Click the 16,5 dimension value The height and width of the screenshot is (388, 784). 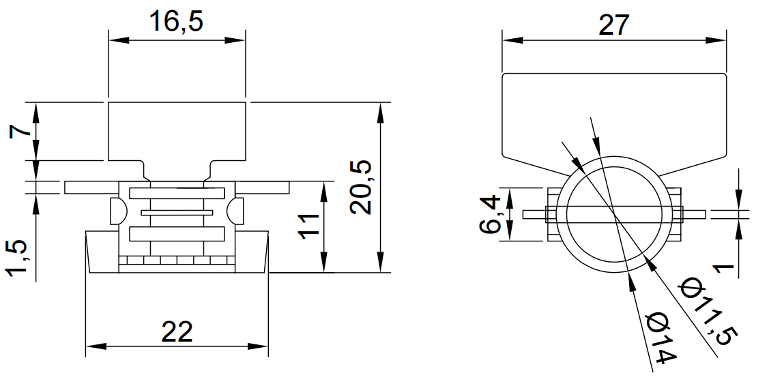(176, 22)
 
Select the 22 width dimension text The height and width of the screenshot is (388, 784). (177, 332)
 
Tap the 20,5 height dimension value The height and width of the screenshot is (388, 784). (360, 188)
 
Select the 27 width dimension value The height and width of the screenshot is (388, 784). (613, 25)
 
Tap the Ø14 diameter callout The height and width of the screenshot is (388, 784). (660, 338)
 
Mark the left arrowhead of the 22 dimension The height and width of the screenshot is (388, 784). (91, 346)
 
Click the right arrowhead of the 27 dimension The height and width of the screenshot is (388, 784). (718, 40)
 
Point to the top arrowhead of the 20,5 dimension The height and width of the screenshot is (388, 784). (379, 109)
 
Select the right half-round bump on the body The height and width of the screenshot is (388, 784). (238, 210)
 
